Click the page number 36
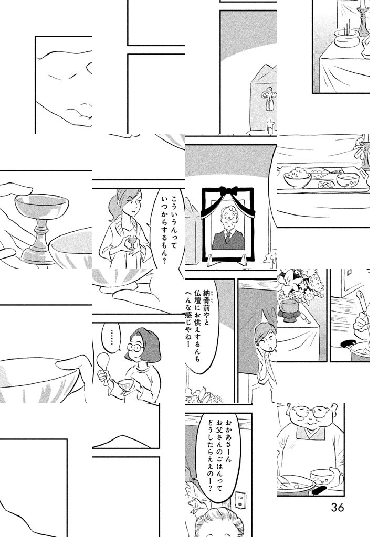click(337, 507)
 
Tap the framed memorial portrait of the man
click(228, 224)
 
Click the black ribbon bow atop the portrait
click(228, 190)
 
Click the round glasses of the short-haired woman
click(135, 347)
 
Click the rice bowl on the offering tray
click(298, 177)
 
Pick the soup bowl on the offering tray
click(348, 180)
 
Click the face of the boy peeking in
click(265, 338)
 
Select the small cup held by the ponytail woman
click(131, 243)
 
